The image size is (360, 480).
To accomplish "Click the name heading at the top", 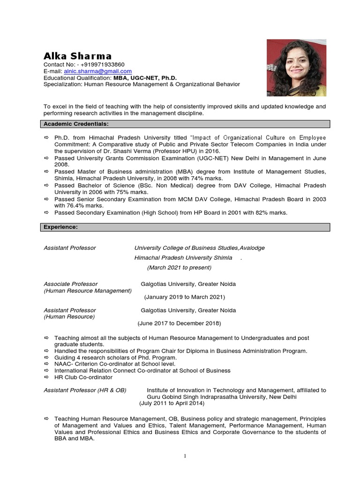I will pos(77,56).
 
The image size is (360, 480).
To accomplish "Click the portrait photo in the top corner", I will pos(296,68).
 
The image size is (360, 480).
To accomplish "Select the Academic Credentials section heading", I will pos(76,124).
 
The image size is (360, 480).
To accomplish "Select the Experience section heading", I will pos(61,227).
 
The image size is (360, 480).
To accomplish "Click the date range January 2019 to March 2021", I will pos(184,297).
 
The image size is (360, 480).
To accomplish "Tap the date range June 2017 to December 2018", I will pos(179,323).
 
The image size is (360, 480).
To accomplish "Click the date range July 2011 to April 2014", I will pos(172,403).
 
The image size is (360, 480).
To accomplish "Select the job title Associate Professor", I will pos(70,284).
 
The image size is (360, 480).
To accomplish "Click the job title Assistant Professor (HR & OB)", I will pos(85,390).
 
